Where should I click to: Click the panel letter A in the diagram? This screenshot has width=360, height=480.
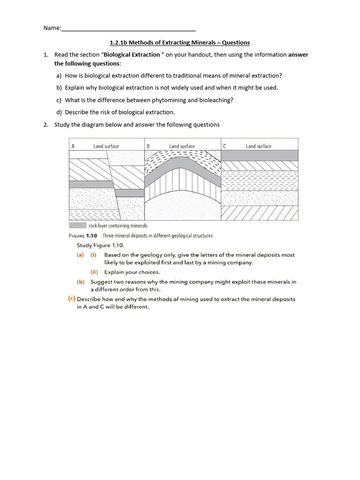pyautogui.click(x=73, y=146)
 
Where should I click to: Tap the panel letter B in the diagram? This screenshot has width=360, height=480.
pyautogui.click(x=148, y=146)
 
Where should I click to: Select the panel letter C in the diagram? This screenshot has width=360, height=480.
pyautogui.click(x=225, y=146)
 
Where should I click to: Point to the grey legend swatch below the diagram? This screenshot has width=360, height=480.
pyautogui.click(x=78, y=225)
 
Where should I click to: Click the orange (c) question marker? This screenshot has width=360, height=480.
pyautogui.click(x=72, y=299)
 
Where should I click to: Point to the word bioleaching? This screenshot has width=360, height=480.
pyautogui.click(x=216, y=100)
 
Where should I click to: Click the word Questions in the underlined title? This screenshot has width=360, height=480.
pyautogui.click(x=236, y=43)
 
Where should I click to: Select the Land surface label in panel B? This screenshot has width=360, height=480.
pyautogui.click(x=182, y=146)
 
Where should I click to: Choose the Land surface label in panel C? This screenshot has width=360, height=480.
pyautogui.click(x=258, y=146)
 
